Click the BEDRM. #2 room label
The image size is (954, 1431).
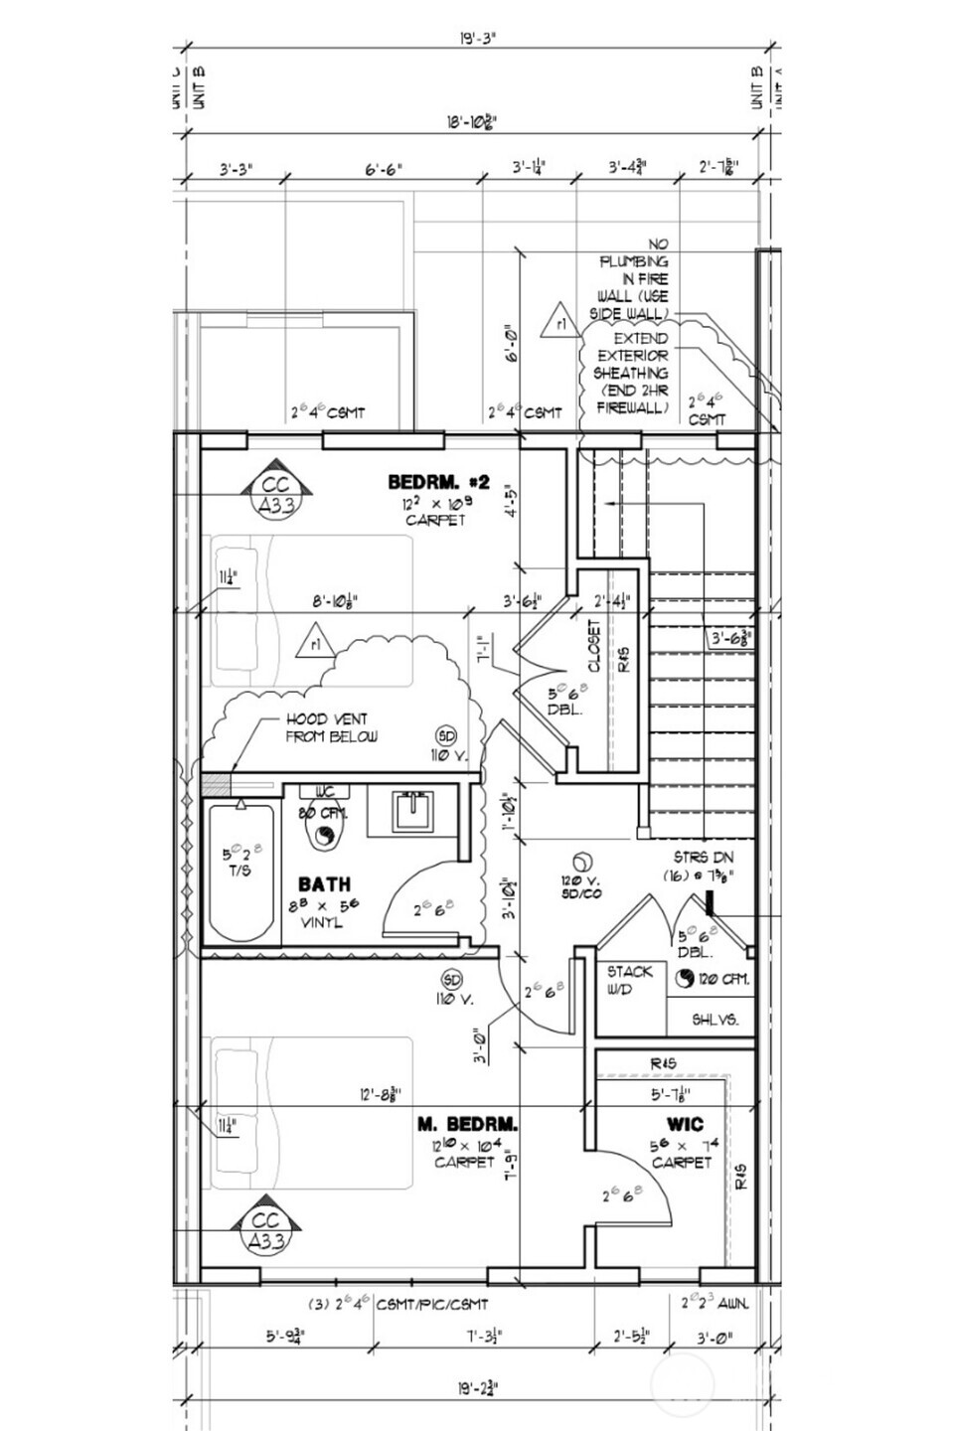(x=438, y=482)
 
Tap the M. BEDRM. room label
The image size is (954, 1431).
(x=466, y=1124)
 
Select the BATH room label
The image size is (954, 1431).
(x=324, y=883)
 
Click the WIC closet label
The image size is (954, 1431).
(x=685, y=1124)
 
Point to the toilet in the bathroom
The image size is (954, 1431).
(x=324, y=833)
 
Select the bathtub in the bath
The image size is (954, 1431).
(x=241, y=873)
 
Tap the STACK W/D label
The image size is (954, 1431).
(x=629, y=980)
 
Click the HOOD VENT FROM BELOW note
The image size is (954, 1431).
(x=326, y=727)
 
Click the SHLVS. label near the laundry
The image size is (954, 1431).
(x=715, y=1020)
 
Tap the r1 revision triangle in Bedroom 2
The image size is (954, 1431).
(x=314, y=641)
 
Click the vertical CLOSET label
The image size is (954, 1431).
(x=594, y=647)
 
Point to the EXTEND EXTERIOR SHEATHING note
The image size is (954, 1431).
(x=632, y=373)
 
